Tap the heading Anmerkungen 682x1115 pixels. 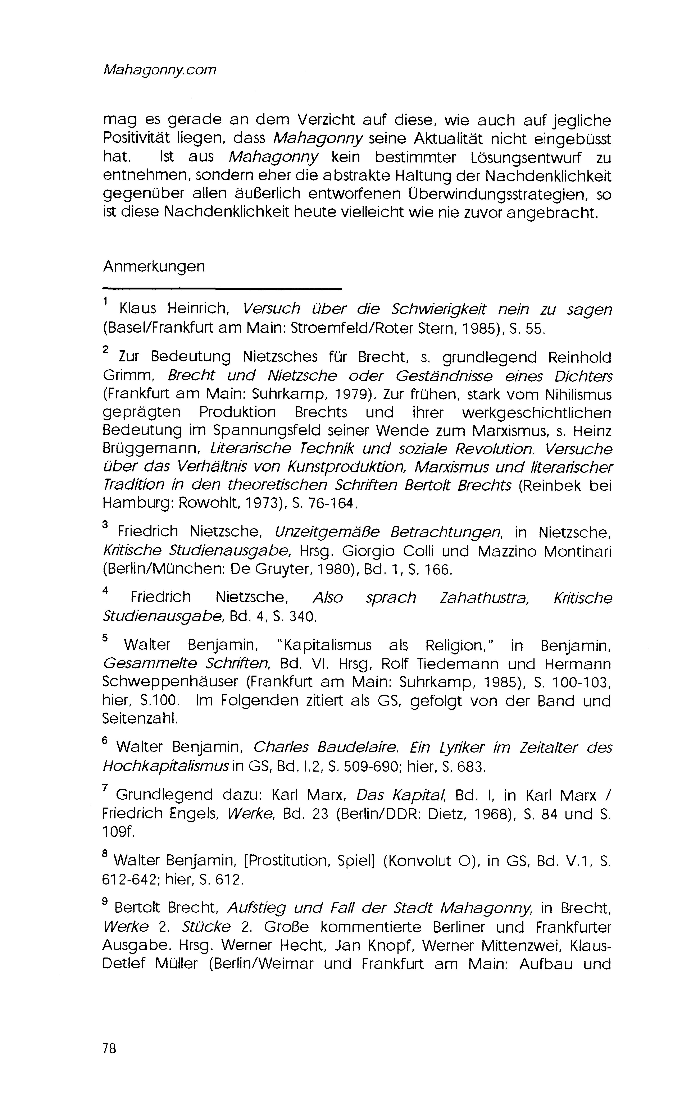154,266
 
